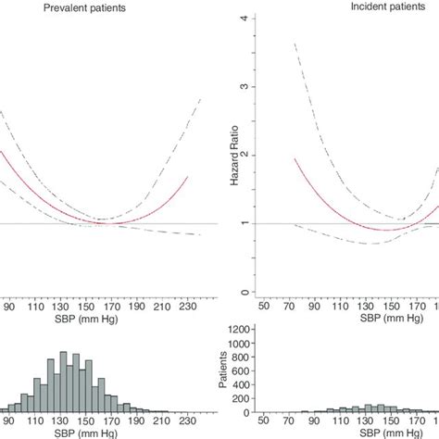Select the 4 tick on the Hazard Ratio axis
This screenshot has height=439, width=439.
pos(244,19)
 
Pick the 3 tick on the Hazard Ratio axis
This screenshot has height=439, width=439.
pos(244,87)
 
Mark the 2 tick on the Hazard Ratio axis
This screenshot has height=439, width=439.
pos(244,156)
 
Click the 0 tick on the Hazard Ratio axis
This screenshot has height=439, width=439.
pos(244,293)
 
